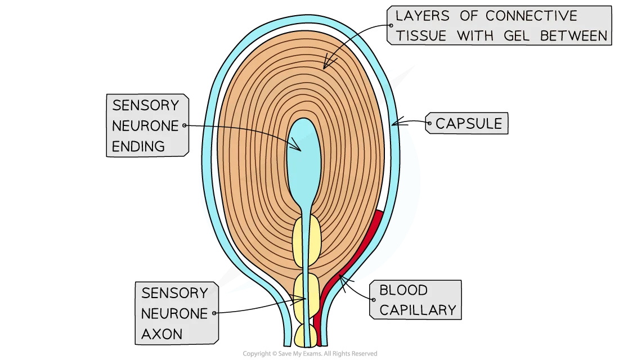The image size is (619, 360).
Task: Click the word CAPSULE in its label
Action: (x=468, y=123)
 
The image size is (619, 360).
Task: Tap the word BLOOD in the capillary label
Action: (x=403, y=290)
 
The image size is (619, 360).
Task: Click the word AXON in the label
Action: (x=162, y=334)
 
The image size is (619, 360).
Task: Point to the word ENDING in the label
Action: (x=138, y=147)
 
